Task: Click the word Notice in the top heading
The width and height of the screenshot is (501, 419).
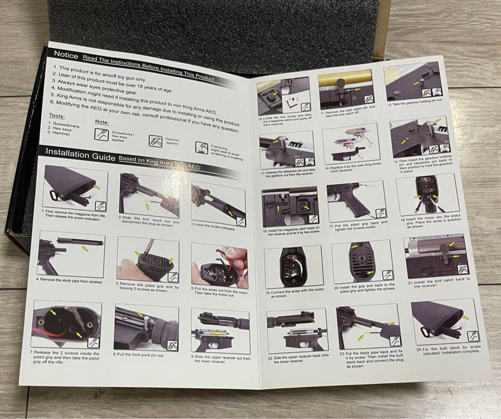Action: pyautogui.click(x=66, y=54)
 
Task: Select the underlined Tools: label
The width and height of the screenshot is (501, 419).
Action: pyautogui.click(x=57, y=116)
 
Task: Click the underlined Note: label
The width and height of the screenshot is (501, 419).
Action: pyautogui.click(x=102, y=122)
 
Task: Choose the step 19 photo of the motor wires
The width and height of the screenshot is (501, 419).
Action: pyautogui.click(x=293, y=267)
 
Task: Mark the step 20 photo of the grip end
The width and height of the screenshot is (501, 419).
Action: pyautogui.click(x=362, y=262)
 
